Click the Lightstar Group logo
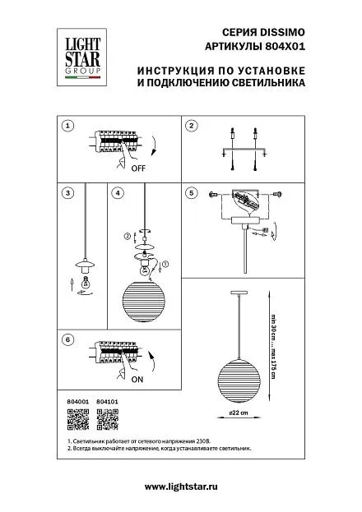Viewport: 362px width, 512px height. coord(81,58)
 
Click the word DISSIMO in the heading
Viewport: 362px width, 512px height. coord(282,32)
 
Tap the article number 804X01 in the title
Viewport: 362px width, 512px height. coord(284,46)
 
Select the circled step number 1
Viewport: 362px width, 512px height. coord(67,126)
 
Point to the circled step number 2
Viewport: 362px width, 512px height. coord(192,126)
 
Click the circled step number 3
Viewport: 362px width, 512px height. coord(67,192)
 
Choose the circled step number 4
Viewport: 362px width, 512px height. coord(118,192)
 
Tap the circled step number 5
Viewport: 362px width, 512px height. coord(192,192)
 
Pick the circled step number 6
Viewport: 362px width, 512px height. coord(67,339)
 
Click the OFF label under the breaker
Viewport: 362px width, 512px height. coord(138,168)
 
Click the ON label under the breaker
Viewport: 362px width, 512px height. coord(137,380)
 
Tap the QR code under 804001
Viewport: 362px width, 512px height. coord(78,419)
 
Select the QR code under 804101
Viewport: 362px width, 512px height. coord(108,419)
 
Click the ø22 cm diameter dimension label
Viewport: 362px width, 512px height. coord(239,413)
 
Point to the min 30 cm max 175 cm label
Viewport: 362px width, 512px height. coord(273,346)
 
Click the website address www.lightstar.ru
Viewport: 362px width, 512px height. coord(181,487)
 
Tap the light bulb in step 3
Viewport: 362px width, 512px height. coord(86,281)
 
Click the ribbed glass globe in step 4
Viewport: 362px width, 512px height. coord(144,302)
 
